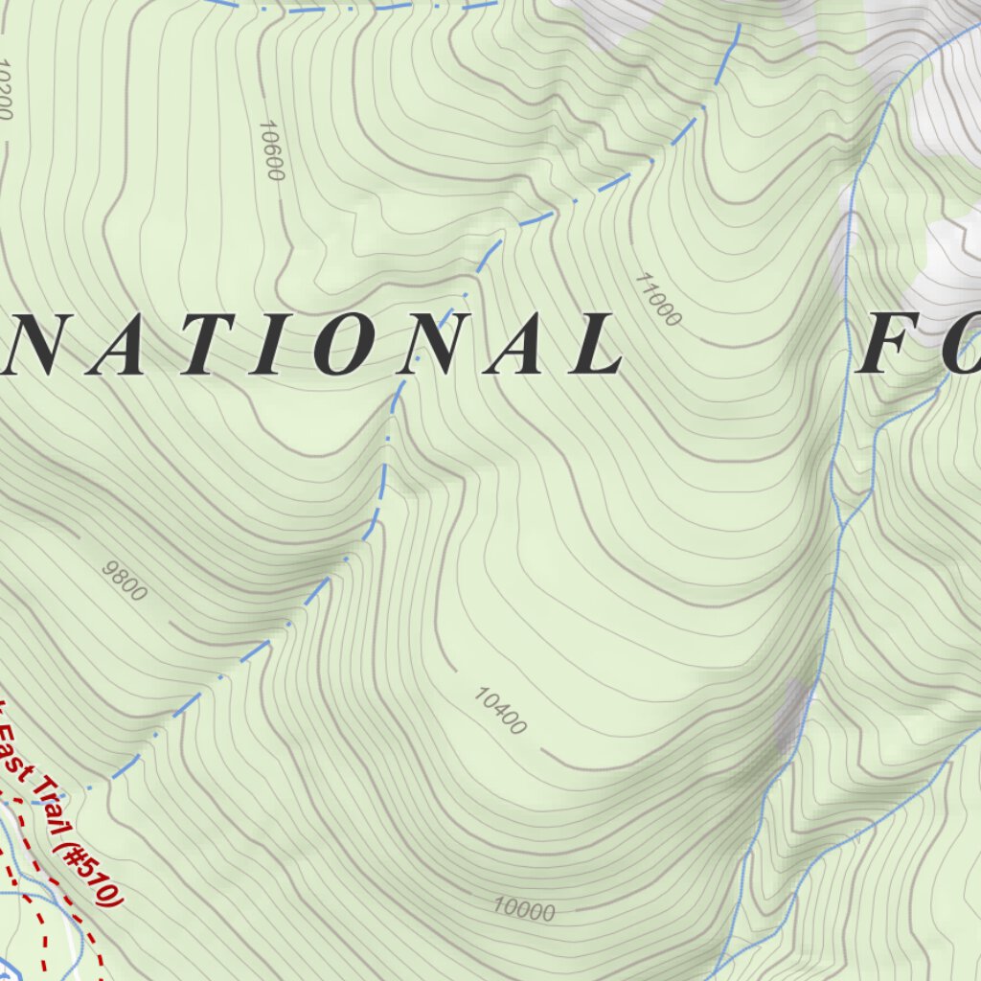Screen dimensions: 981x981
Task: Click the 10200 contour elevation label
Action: (6, 91)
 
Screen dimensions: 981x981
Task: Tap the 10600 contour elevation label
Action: (272, 150)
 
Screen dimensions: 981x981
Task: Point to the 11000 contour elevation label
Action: (657, 298)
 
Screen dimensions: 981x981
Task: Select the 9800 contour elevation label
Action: (125, 581)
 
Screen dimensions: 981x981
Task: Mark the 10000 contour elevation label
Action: (524, 908)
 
